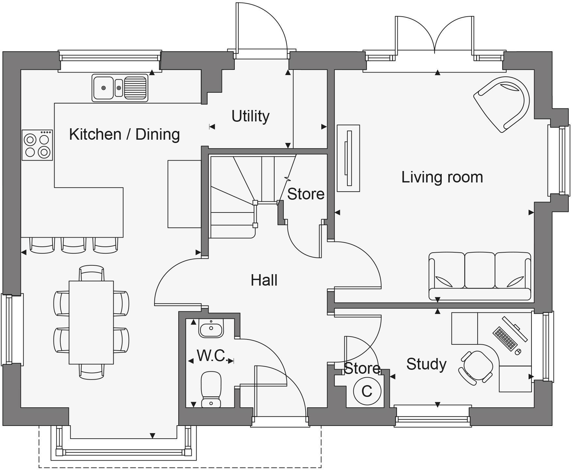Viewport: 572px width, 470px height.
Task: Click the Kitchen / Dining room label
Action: [124, 134]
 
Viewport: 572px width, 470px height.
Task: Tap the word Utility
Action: [250, 116]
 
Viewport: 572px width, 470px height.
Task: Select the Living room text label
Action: [442, 177]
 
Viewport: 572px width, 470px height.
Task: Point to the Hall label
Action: [264, 280]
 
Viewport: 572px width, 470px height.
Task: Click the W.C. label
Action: [211, 355]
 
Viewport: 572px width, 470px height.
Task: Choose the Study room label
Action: [426, 364]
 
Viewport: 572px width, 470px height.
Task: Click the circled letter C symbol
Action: [367, 391]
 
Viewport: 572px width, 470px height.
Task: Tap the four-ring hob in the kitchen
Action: [37, 145]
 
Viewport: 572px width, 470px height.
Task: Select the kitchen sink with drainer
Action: [119, 88]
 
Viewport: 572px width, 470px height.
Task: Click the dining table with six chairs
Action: [91, 322]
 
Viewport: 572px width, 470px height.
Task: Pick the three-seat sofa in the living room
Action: [480, 276]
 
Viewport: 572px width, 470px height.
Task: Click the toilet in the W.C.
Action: [211, 389]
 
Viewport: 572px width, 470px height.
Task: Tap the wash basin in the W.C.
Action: [211, 328]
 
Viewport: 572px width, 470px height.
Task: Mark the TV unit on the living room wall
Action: [348, 158]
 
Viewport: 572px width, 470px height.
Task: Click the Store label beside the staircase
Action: [306, 194]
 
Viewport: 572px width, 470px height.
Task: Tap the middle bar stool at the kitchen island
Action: [74, 245]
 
